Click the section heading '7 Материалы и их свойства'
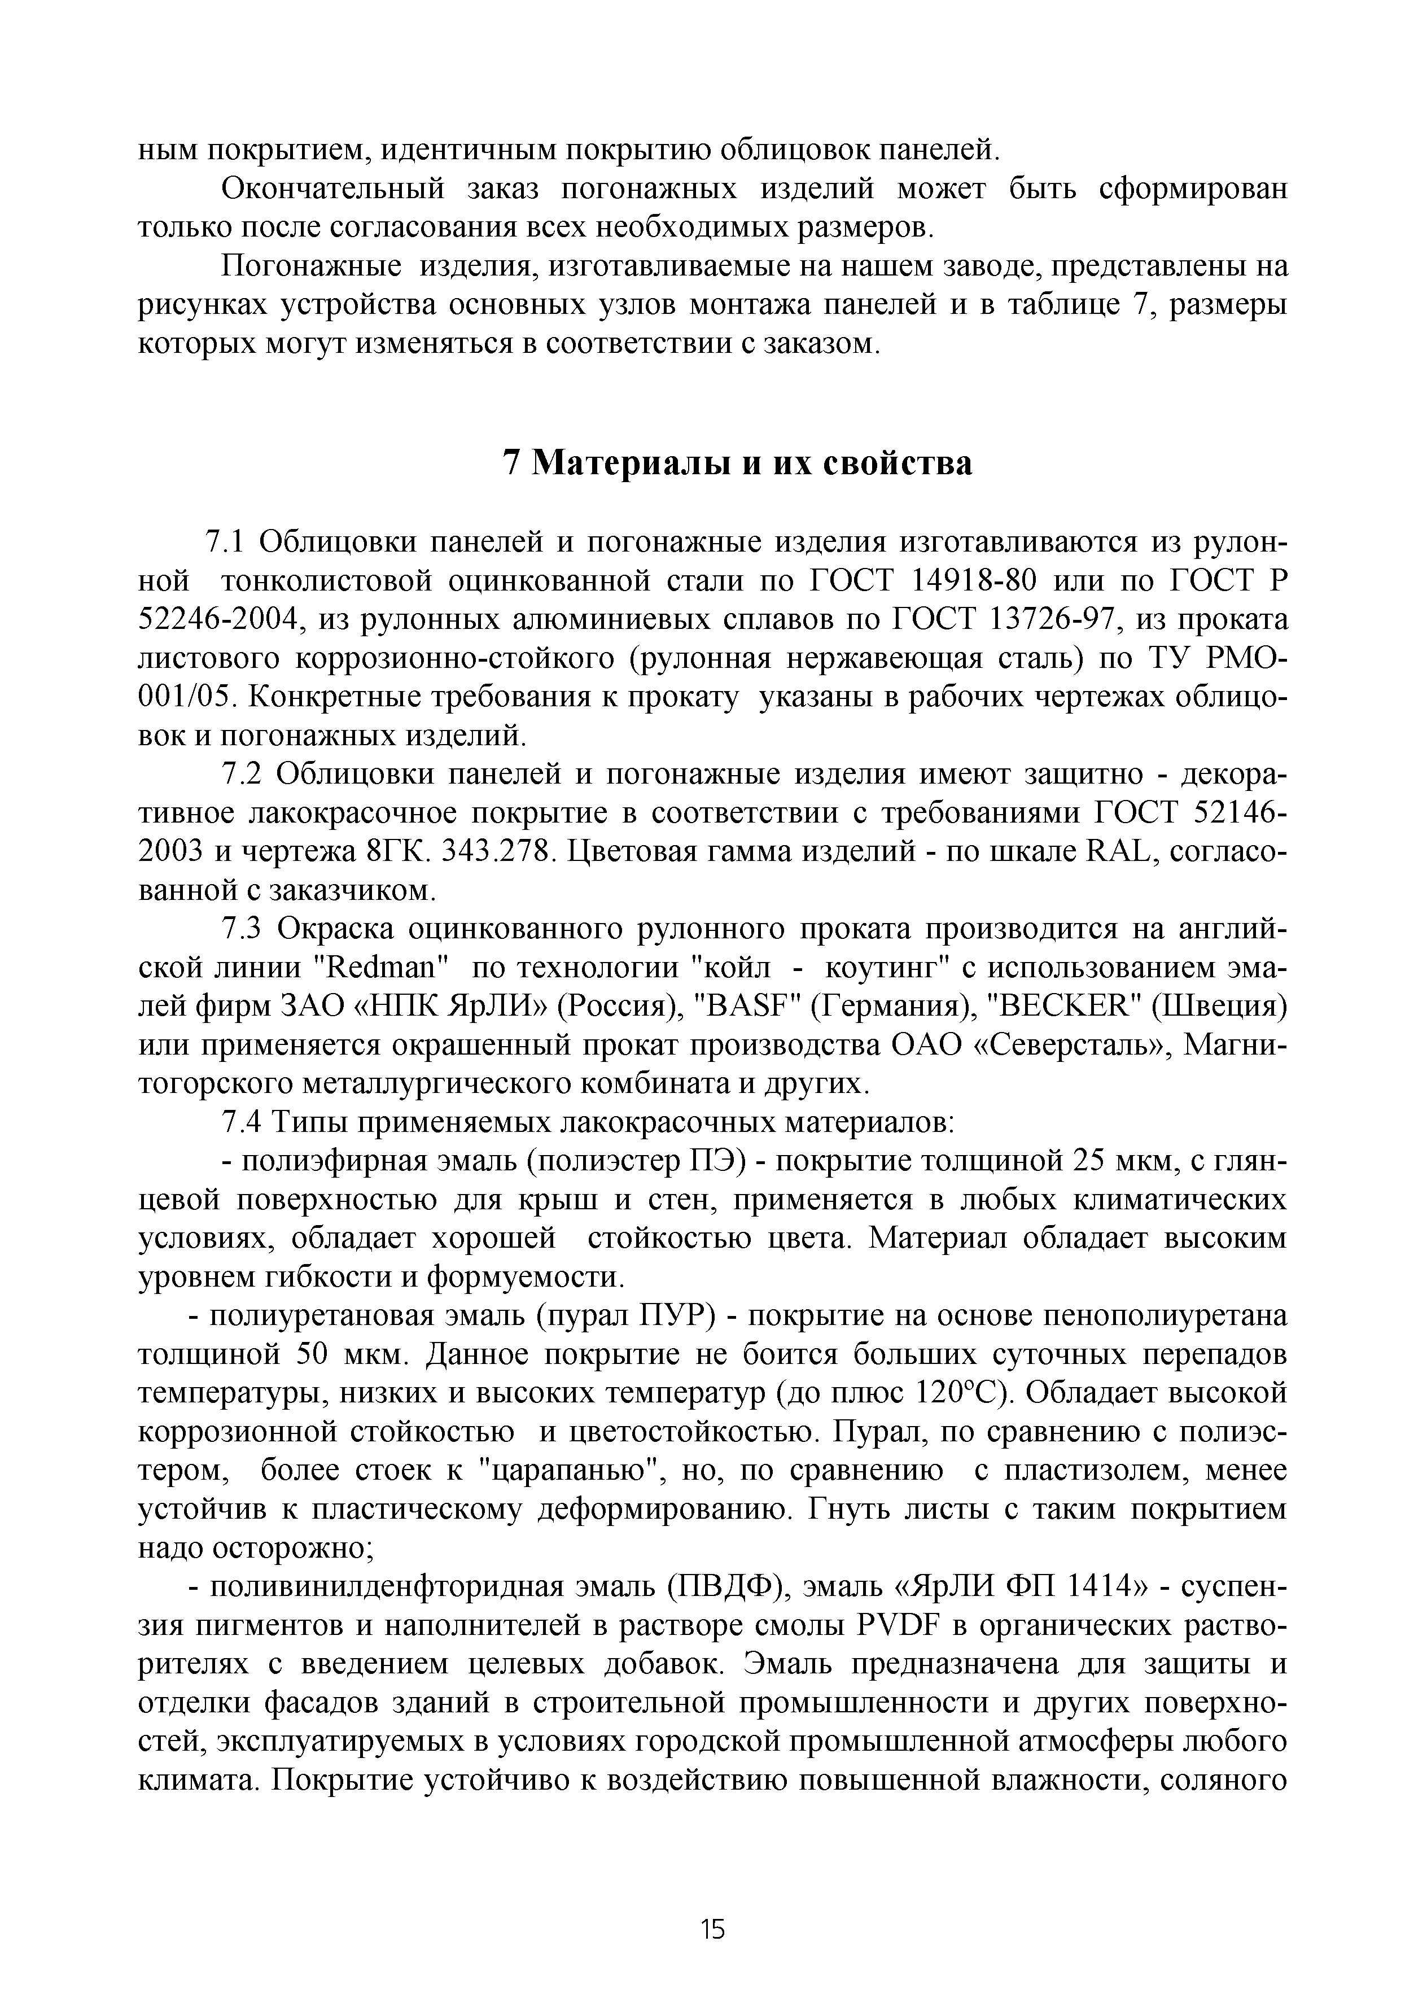[736, 463]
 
